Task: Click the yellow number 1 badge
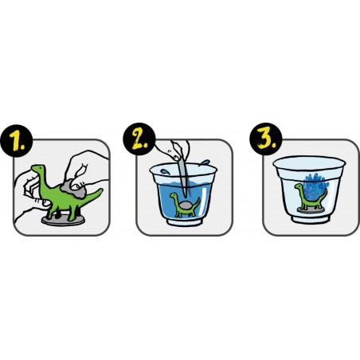17,141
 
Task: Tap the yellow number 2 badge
139,139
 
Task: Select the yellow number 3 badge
266,139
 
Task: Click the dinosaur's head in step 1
38,169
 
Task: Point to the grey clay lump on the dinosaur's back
72,189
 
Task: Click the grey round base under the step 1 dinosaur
63,220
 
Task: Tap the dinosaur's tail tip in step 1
101,190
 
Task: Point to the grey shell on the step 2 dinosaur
186,205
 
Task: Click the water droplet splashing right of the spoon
205,162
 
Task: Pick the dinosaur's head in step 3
298,186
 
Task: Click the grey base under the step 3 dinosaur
311,209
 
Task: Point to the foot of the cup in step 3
311,219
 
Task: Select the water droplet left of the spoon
166,172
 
